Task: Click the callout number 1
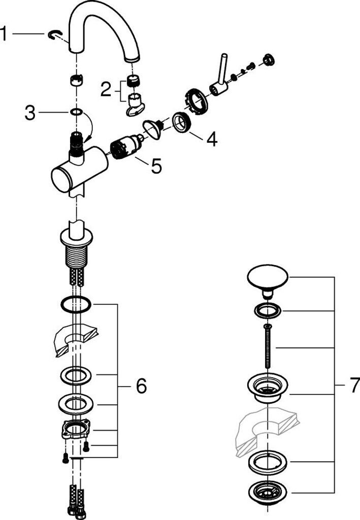[x=4, y=34]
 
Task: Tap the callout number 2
[x=106, y=89]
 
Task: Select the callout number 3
[x=30, y=113]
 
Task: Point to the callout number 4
[x=212, y=139]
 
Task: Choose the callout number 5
[x=156, y=166]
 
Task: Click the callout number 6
[x=141, y=386]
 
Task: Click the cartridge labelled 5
[x=126, y=147]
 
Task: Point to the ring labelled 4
[x=182, y=122]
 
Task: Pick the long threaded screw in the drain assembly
[x=268, y=346]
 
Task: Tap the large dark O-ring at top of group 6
[x=76, y=304]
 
